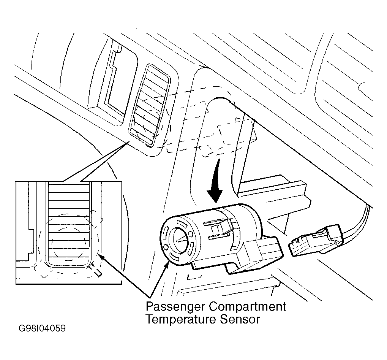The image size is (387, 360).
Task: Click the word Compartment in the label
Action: click(247, 307)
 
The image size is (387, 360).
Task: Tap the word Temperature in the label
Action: click(181, 319)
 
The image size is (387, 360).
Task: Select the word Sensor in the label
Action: click(240, 319)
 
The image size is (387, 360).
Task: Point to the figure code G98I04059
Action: click(42, 328)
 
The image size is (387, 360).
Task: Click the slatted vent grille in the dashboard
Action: click(150, 105)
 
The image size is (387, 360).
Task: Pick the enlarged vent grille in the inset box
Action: click(68, 224)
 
